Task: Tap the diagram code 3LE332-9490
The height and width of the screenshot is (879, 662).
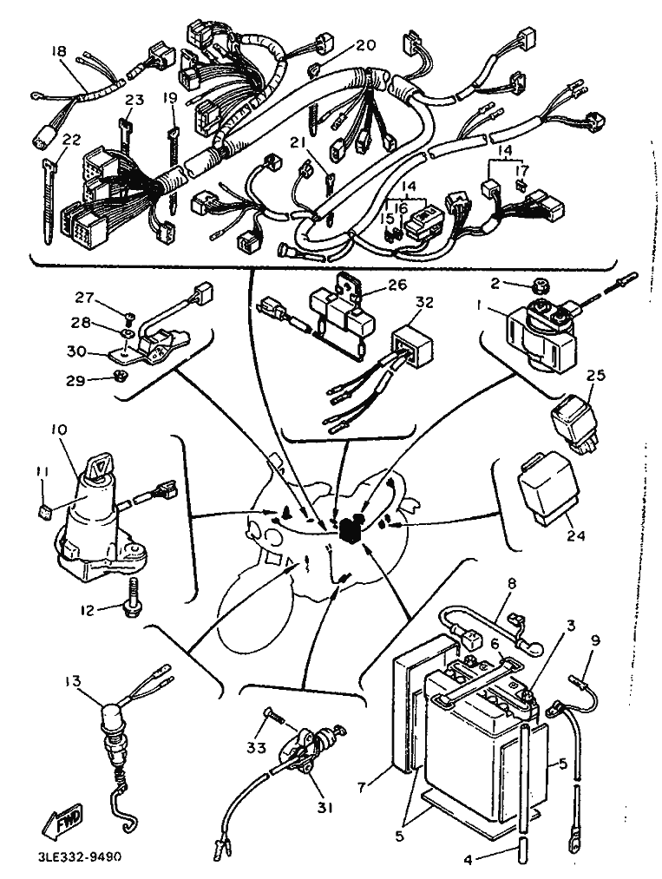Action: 78,856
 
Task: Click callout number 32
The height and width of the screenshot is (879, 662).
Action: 423,303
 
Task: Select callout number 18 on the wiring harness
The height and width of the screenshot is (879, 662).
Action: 59,51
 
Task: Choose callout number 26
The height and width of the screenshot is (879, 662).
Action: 397,285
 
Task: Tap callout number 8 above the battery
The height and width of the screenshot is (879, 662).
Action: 511,584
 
